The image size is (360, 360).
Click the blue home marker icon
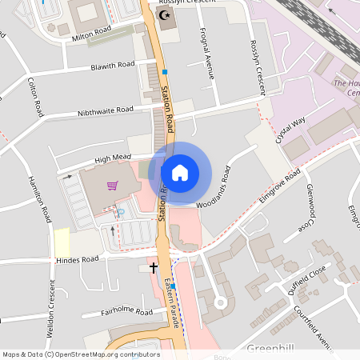[x=180, y=172]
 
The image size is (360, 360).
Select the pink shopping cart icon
[x=112, y=186]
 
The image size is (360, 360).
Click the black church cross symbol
[x=154, y=267]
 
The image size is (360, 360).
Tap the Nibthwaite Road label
[x=105, y=110]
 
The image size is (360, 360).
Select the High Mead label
[x=112, y=159]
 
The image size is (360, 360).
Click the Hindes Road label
[x=77, y=260]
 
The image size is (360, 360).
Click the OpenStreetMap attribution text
[x=81, y=354]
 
